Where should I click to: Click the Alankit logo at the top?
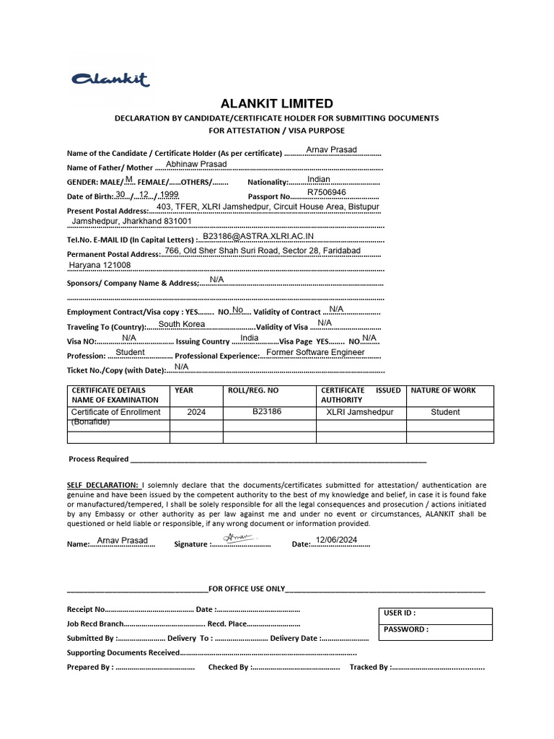coord(111,79)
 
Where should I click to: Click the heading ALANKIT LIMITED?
coord(277,103)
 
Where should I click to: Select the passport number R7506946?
coord(326,193)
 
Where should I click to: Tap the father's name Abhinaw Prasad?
coord(196,165)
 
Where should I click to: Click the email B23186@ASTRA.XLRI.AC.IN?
coord(258,236)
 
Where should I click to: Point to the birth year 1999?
coord(170,195)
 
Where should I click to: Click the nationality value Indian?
coord(318,179)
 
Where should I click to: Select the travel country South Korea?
coord(182,324)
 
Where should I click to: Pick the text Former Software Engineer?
coord(315,352)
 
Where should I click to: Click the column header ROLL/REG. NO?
coord(253,390)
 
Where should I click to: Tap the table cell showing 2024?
coord(196,412)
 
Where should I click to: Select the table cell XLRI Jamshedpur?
coord(360,412)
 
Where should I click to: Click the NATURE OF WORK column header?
coord(444,390)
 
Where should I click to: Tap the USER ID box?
coord(435,614)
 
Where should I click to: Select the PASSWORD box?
coord(435,630)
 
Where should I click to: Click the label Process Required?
coord(99,459)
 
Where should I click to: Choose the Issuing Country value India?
coord(250,338)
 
